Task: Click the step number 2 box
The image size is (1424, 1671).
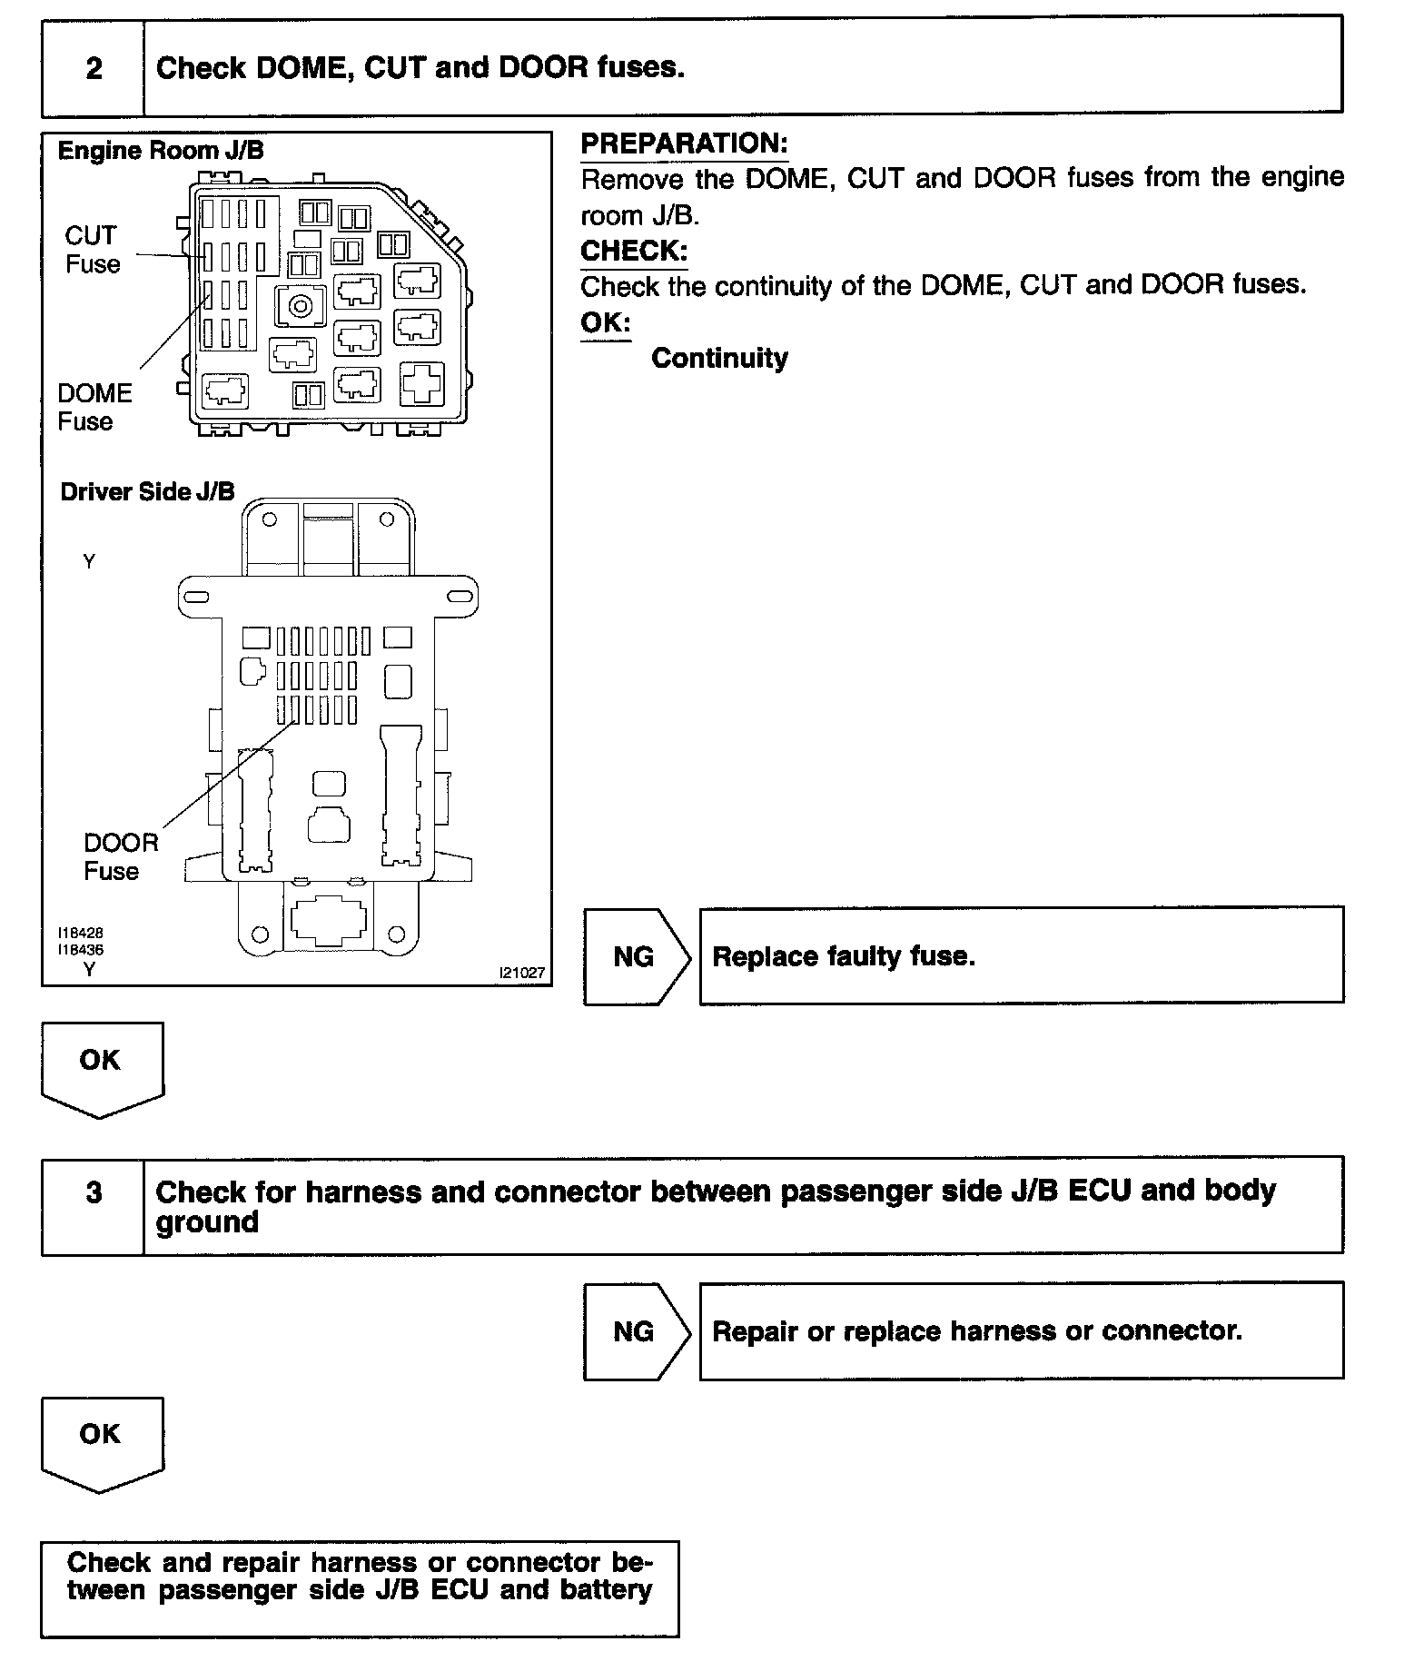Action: coord(94,68)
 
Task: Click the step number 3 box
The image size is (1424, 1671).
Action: coord(94,1192)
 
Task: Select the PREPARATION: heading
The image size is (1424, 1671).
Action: coord(684,143)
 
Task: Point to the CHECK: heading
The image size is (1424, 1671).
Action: coord(634,251)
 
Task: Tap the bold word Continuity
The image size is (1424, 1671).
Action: coord(719,358)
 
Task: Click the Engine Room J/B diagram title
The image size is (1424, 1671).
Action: coord(161,151)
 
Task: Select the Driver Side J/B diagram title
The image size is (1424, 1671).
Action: coord(147,491)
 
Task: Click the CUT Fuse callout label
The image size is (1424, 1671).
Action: coord(92,250)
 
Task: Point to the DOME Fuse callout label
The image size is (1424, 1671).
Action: coord(94,407)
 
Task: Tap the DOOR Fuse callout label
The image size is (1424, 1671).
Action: coord(121,856)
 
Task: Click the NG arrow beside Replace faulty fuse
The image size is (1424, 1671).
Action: coord(635,956)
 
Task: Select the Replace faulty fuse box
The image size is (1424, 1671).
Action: coord(1021,955)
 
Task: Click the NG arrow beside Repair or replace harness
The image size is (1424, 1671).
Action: coord(635,1331)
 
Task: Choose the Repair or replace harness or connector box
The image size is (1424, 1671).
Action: coord(1021,1330)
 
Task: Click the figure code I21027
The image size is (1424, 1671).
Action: coord(522,973)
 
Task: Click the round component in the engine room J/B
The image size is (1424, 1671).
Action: coord(300,306)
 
